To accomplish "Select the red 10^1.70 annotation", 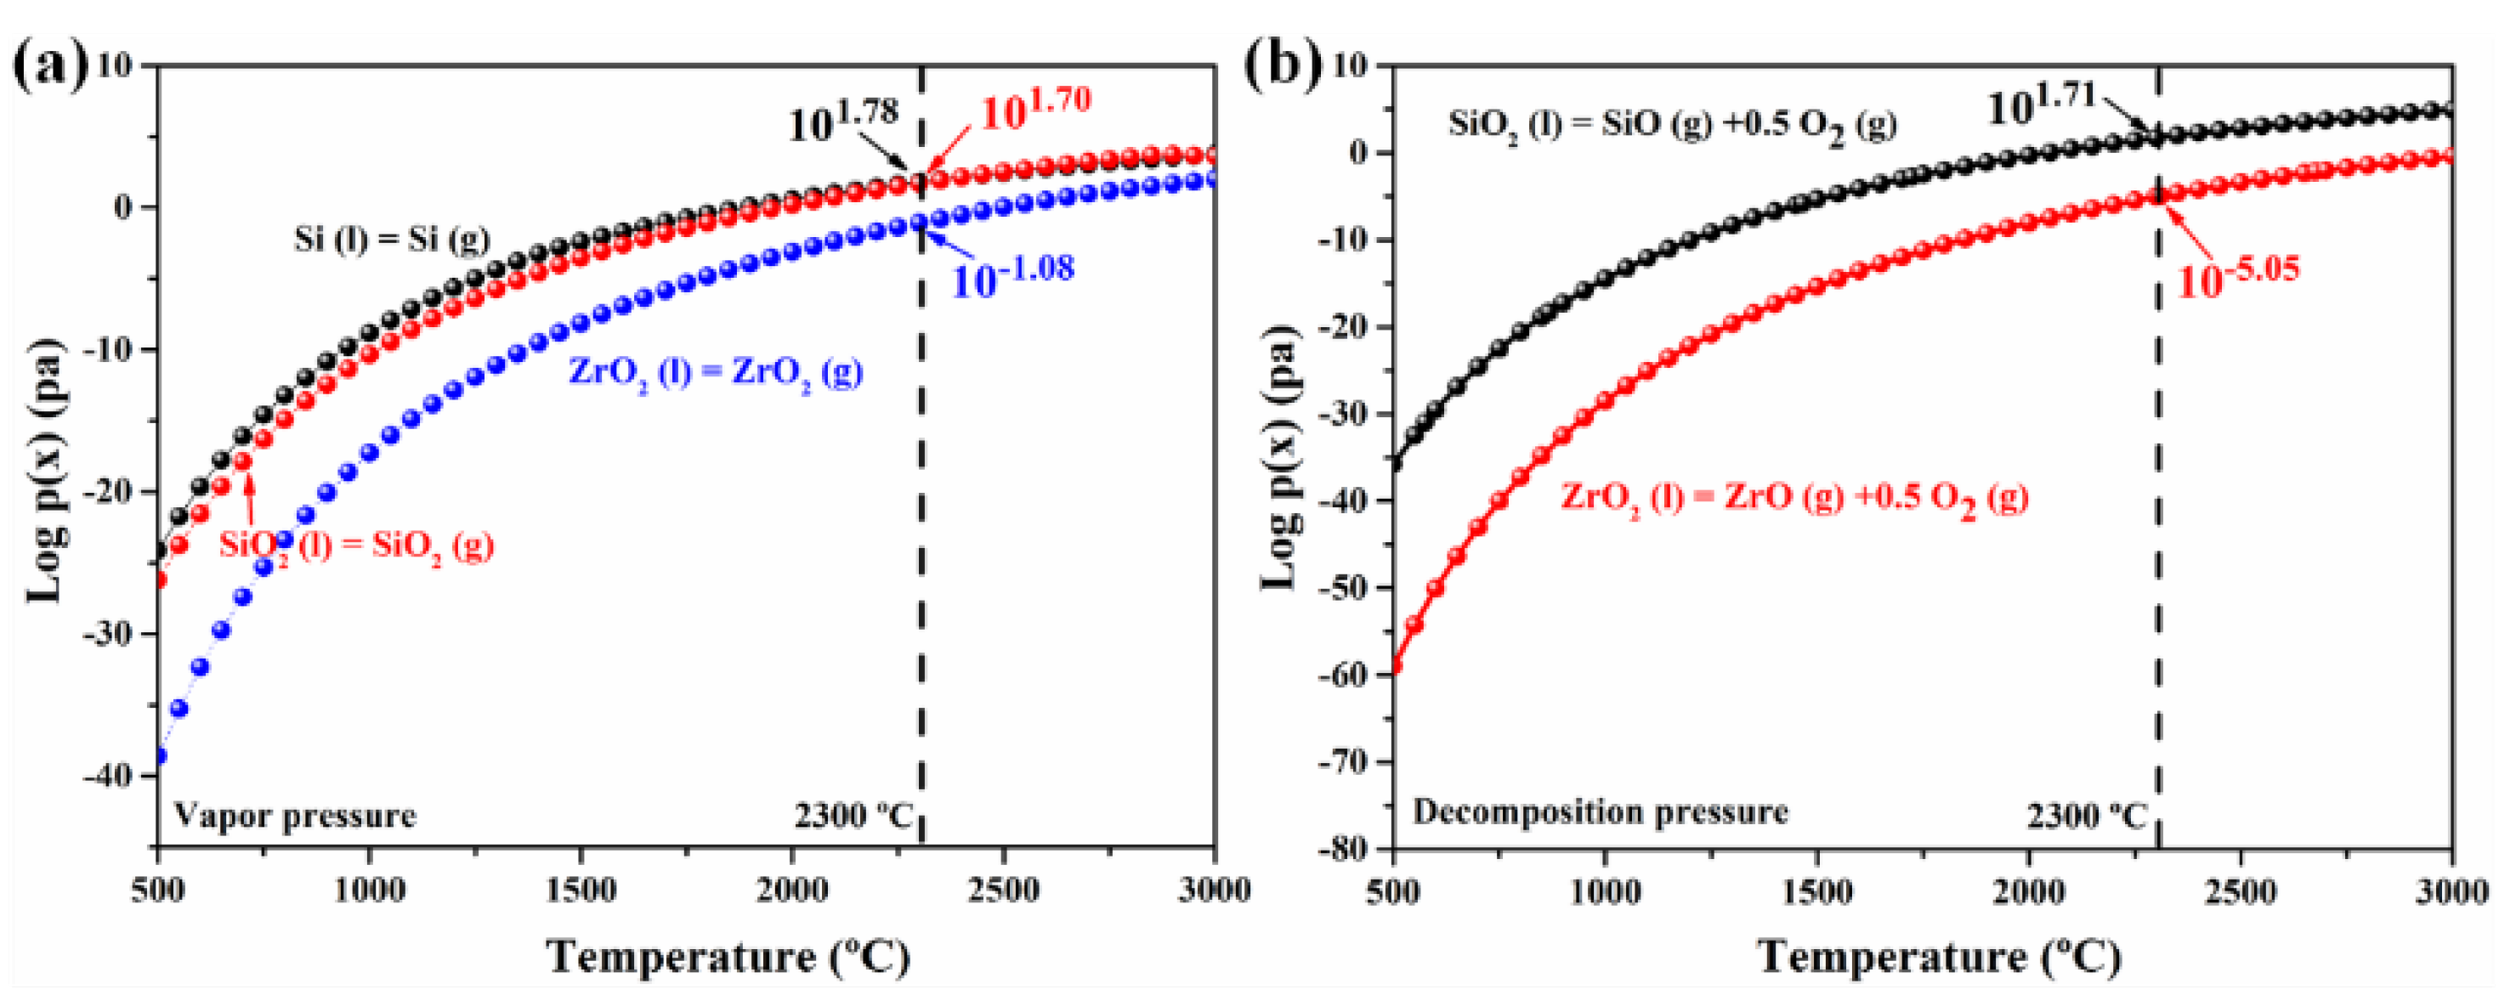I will [x=1035, y=107].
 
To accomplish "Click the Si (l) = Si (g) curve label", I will [x=392, y=240].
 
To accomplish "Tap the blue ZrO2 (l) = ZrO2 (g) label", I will [x=716, y=372].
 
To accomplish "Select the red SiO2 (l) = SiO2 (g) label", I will [x=356, y=544].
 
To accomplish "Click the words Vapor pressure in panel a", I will [x=295, y=814].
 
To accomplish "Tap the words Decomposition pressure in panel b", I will [x=1600, y=812].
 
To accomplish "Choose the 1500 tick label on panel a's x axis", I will [x=581, y=890].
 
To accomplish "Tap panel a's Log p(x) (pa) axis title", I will [x=45, y=470].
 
